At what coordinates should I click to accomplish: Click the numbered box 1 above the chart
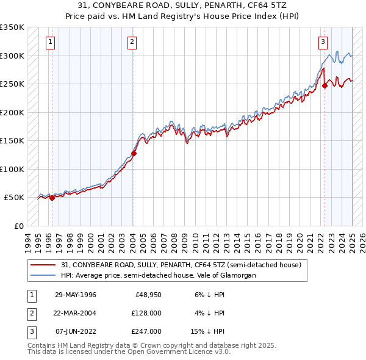coord(49,42)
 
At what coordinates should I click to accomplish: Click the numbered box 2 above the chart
coord(132,42)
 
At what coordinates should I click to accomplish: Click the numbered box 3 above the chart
coord(322,42)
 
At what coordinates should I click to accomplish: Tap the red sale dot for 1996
coord(52,198)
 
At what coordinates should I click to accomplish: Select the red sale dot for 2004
coord(134,153)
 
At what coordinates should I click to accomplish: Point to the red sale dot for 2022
coord(325,86)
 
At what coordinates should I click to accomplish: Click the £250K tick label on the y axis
coord(12,84)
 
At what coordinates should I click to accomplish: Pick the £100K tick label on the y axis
coord(12,169)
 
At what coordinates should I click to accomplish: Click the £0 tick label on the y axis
coord(18,226)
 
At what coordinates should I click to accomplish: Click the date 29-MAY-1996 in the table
coord(76,295)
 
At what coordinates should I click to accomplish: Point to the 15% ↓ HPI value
coord(208,331)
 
